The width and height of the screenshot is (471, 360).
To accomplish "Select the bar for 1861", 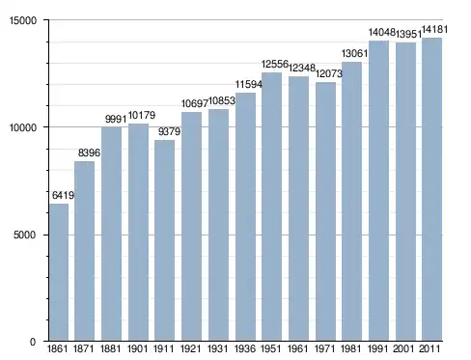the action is tap(59, 272).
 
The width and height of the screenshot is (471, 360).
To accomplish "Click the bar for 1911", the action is tap(164, 240).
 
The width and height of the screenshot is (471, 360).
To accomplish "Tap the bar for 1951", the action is tap(271, 207).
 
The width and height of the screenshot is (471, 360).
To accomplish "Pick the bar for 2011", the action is tap(431, 189).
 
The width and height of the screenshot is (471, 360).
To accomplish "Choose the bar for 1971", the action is tap(325, 211).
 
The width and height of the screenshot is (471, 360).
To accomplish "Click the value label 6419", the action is tap(63, 195).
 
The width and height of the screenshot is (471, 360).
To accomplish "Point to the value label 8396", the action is tap(89, 152).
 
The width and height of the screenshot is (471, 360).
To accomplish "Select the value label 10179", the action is tap(142, 115).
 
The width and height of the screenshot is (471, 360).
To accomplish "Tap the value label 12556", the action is tap(275, 64).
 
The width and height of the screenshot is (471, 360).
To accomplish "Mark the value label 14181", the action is tap(434, 29).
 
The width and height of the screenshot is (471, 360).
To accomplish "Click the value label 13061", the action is tap(354, 53).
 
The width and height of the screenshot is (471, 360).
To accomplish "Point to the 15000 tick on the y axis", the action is tap(48, 20).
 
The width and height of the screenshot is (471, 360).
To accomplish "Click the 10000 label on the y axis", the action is tap(22, 127).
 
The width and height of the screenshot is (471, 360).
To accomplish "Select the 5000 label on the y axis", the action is tap(24, 235).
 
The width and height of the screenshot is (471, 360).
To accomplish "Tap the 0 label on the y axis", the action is tap(33, 342).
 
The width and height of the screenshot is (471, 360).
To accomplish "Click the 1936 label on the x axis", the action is tap(245, 348).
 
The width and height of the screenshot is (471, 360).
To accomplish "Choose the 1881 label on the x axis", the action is tap(110, 348).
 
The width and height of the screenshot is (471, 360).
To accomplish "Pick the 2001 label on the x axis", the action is tap(403, 348).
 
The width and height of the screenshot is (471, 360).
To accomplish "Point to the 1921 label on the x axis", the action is tap(191, 348).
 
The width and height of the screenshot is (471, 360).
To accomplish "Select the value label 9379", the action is tap(169, 131).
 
